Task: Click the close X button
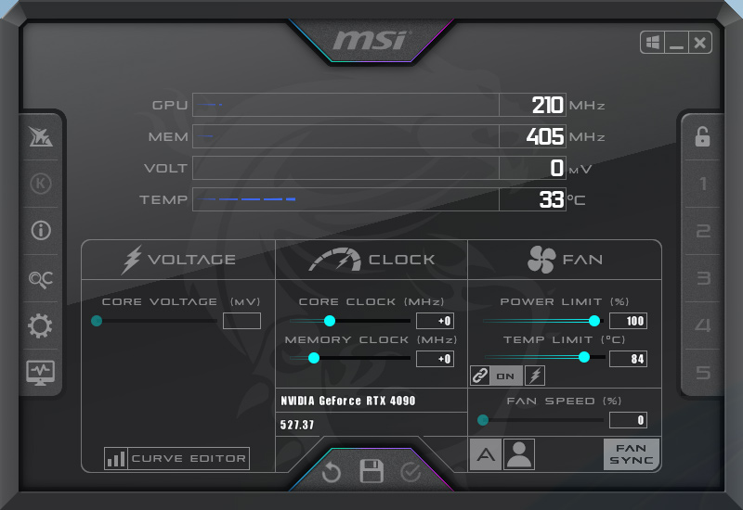tap(700, 43)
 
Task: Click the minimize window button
tap(676, 43)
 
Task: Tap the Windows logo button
tap(653, 43)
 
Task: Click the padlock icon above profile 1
tap(702, 136)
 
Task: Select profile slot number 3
tap(703, 278)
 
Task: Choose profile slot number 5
tap(703, 373)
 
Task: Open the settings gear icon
tap(40, 325)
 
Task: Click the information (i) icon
tap(41, 230)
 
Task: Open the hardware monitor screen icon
tap(40, 373)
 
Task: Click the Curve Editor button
tap(176, 458)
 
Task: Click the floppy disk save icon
tap(371, 471)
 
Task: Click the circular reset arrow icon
tap(332, 472)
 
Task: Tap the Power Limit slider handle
tap(594, 321)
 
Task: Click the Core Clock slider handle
tap(330, 321)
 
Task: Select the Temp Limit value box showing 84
tap(629, 359)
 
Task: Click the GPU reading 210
tap(547, 105)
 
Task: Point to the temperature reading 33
tap(552, 199)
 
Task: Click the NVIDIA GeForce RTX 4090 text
tap(347, 401)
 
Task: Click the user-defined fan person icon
tap(519, 454)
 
